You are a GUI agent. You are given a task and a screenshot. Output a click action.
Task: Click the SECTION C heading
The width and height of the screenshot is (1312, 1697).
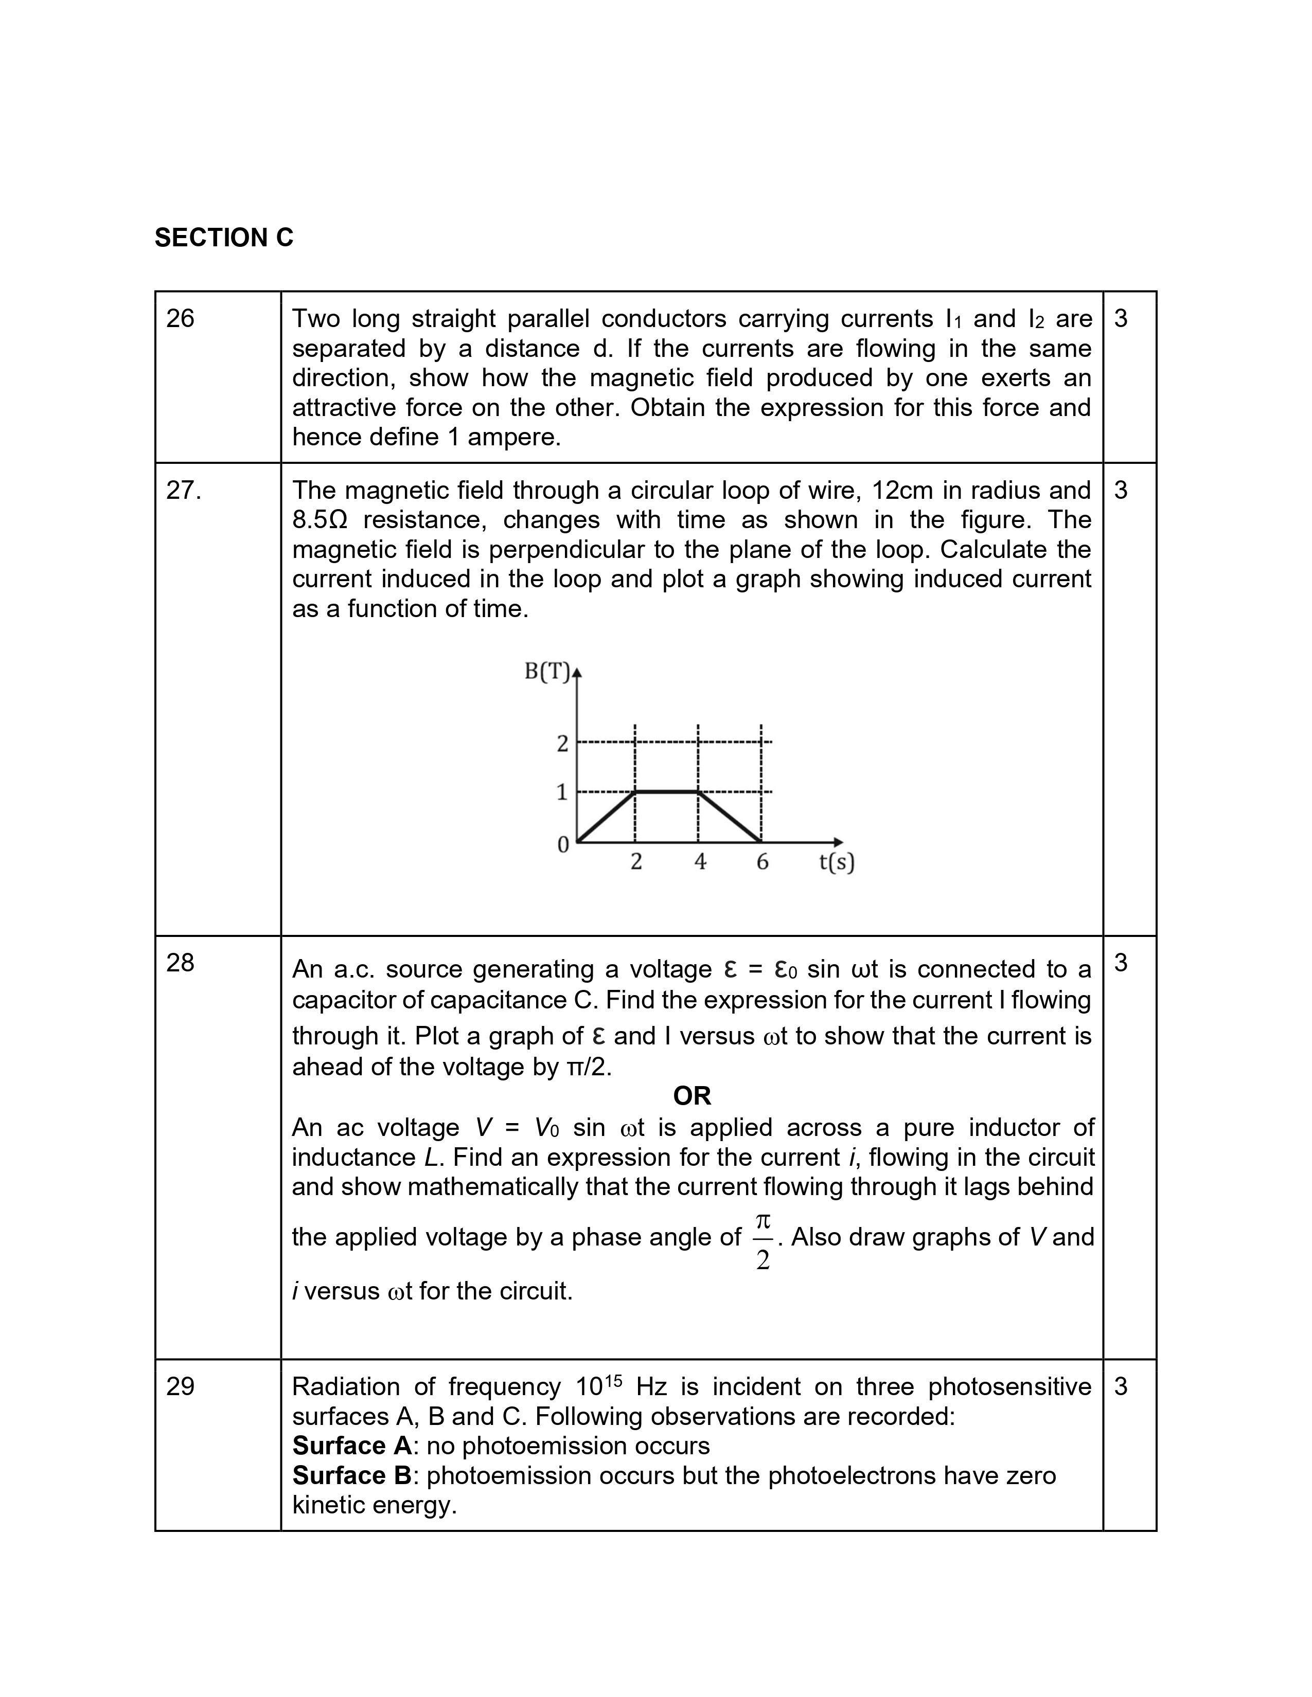click(x=224, y=238)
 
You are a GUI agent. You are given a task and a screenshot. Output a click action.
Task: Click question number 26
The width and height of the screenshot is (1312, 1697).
click(x=180, y=319)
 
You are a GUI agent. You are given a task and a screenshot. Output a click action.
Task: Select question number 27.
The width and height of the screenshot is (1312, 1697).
click(x=184, y=490)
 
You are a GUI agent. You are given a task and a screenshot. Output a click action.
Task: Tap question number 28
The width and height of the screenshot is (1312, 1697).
click(x=180, y=963)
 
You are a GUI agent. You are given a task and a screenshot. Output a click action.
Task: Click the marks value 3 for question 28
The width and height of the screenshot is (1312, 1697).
click(x=1120, y=963)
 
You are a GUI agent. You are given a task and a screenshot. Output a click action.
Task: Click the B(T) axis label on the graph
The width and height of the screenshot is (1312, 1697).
click(x=547, y=671)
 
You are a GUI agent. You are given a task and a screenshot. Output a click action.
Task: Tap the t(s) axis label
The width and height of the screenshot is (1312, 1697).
click(x=836, y=862)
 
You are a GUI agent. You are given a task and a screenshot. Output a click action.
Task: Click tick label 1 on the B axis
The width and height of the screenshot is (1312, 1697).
click(x=562, y=792)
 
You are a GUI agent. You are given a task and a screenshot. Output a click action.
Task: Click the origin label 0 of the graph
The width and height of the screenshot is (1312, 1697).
click(x=563, y=844)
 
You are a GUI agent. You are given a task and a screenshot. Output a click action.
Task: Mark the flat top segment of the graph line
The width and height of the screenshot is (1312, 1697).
click(x=667, y=792)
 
